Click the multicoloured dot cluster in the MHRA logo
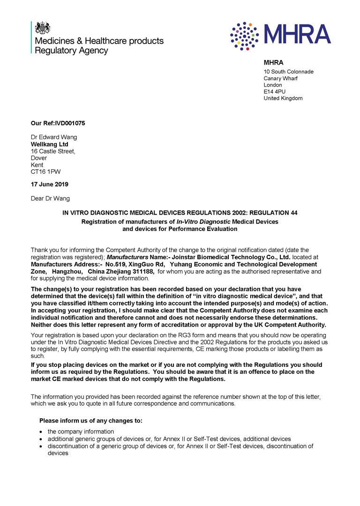(244, 36)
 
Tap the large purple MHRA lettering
(298, 34)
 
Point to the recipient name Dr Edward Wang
(54, 137)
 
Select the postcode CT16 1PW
(45, 172)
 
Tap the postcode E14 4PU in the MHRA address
(274, 92)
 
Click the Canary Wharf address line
(280, 78)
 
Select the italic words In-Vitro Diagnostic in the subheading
(203, 221)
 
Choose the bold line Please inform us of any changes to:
(91, 420)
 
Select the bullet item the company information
(81, 432)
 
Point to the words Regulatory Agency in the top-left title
(72, 50)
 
